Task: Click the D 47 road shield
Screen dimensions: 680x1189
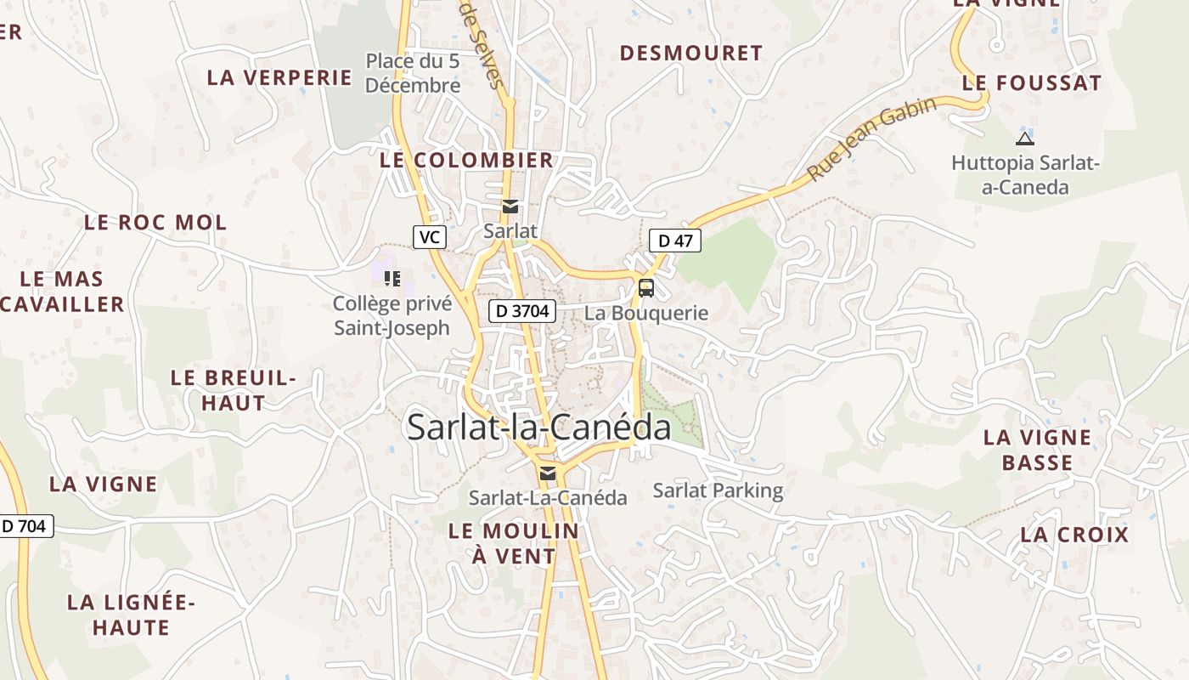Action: tap(675, 241)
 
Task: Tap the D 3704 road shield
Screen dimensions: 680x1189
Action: tap(522, 311)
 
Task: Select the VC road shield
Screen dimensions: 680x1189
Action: tap(430, 237)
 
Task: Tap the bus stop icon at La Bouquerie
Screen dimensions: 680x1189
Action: tap(646, 288)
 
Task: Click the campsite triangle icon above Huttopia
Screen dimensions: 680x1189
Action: tap(1024, 139)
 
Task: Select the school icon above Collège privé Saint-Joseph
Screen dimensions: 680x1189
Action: tap(392, 278)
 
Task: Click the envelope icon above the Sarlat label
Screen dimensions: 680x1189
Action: tap(510, 207)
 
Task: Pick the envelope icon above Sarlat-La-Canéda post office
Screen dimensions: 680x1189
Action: tap(548, 473)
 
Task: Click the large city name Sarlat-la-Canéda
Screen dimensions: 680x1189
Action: tap(538, 427)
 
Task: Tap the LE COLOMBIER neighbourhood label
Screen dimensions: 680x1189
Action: tap(466, 160)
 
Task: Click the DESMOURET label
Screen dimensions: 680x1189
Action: tap(690, 53)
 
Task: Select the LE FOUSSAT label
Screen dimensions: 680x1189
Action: tap(1032, 83)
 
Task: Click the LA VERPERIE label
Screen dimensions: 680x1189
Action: tap(279, 77)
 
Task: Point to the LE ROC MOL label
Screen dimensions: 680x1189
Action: tap(155, 223)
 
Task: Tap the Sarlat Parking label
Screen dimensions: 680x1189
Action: tap(718, 490)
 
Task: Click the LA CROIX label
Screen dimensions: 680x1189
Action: tap(1074, 535)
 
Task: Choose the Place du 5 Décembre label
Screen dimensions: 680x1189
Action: tap(413, 73)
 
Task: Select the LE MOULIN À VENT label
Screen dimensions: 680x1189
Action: tap(513, 543)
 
